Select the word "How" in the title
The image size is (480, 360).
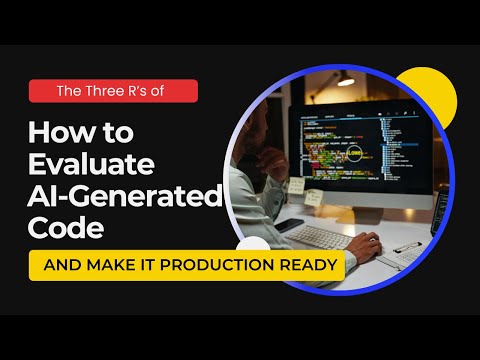coord(55,132)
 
